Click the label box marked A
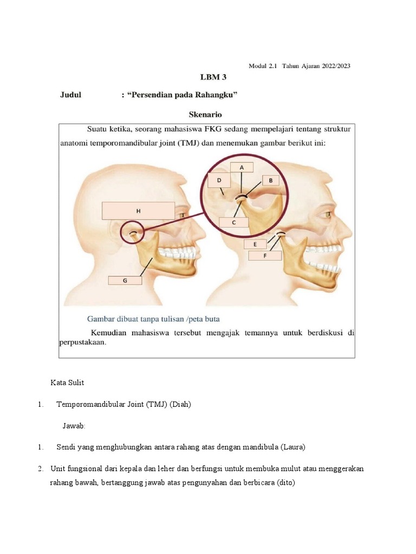pyautogui.click(x=242, y=167)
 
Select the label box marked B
pyautogui.click(x=270, y=180)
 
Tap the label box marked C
pyautogui.click(x=233, y=222)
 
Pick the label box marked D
pyautogui.click(x=219, y=180)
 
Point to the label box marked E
pyautogui.click(x=255, y=244)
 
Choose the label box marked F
pyautogui.click(x=265, y=256)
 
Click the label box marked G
pyautogui.click(x=125, y=280)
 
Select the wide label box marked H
pyautogui.click(x=138, y=211)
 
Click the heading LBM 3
pyautogui.click(x=206, y=77)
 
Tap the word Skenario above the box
pyautogui.click(x=205, y=115)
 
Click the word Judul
pyautogui.click(x=70, y=95)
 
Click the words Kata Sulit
pyautogui.click(x=67, y=382)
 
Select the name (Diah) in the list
pyautogui.click(x=180, y=404)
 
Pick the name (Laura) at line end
pyautogui.click(x=294, y=447)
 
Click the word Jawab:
pyautogui.click(x=74, y=426)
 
